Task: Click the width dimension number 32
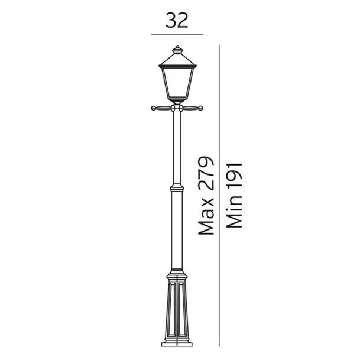(177, 20)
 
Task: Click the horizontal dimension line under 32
(177, 35)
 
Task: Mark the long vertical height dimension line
(219, 195)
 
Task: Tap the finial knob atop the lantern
(177, 48)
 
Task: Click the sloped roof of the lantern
(177, 59)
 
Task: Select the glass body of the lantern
(177, 83)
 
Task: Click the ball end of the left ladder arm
(154, 108)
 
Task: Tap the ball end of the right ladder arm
(200, 108)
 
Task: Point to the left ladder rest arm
(162, 108)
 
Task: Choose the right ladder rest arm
(192, 108)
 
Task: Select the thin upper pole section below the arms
(177, 148)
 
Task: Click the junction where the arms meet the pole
(177, 108)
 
